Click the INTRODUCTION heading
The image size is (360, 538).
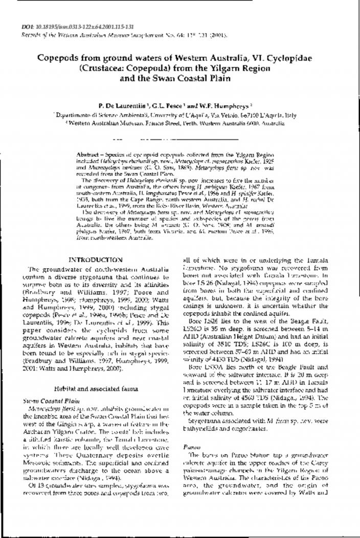coord(95,260)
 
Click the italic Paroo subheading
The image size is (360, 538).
coord(191,447)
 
